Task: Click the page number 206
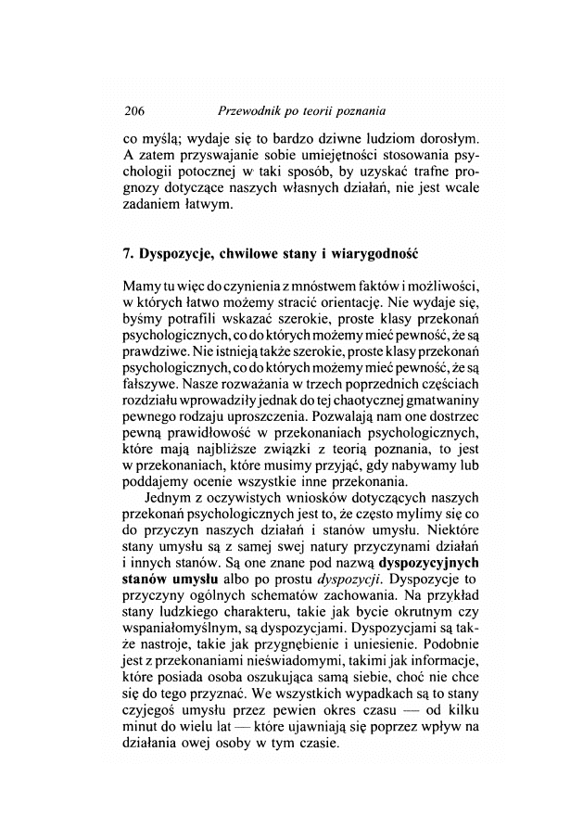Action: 135,110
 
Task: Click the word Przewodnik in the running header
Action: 244,110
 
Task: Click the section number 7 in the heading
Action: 128,251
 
